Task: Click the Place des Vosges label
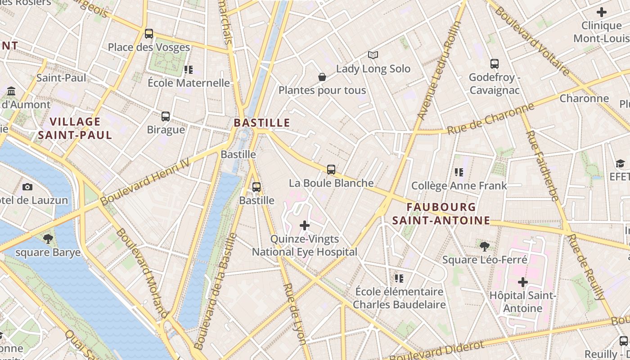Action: point(149,47)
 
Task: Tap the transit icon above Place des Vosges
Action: point(149,34)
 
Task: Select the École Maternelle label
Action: point(189,83)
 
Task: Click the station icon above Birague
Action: point(166,117)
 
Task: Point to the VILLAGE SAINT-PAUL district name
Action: point(75,128)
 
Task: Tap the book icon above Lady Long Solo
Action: point(373,55)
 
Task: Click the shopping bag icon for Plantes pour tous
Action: point(322,77)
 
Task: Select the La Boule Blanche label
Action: point(331,183)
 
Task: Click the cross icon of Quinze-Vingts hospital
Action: point(305,225)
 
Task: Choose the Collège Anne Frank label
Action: point(459,186)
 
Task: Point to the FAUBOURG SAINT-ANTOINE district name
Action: point(441,214)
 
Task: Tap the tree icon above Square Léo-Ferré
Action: point(485,246)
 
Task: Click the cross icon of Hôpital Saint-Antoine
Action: point(523,283)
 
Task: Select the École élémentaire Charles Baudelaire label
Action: point(399,298)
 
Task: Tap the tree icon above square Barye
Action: point(48,239)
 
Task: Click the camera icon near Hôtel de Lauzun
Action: point(27,187)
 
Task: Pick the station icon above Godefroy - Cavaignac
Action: point(495,64)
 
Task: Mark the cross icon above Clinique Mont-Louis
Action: point(601,12)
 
